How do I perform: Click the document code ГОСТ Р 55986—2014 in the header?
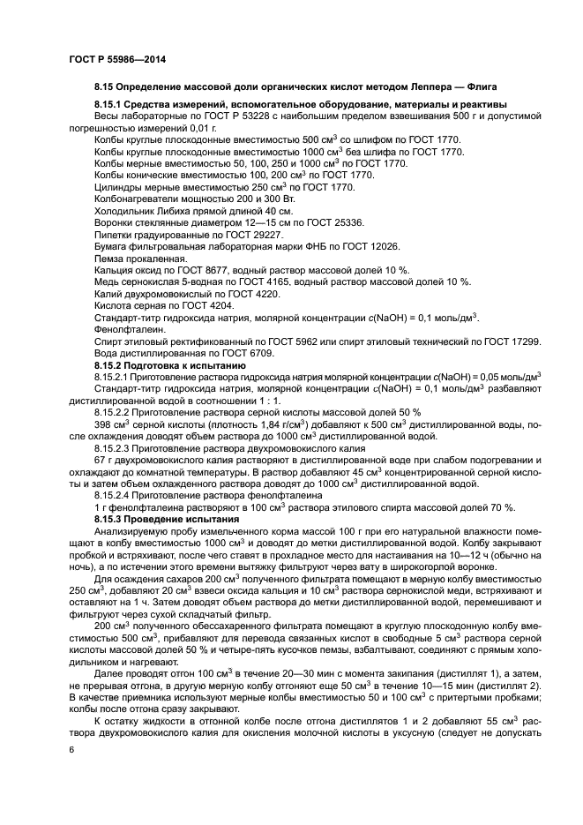pyautogui.click(x=116, y=59)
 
